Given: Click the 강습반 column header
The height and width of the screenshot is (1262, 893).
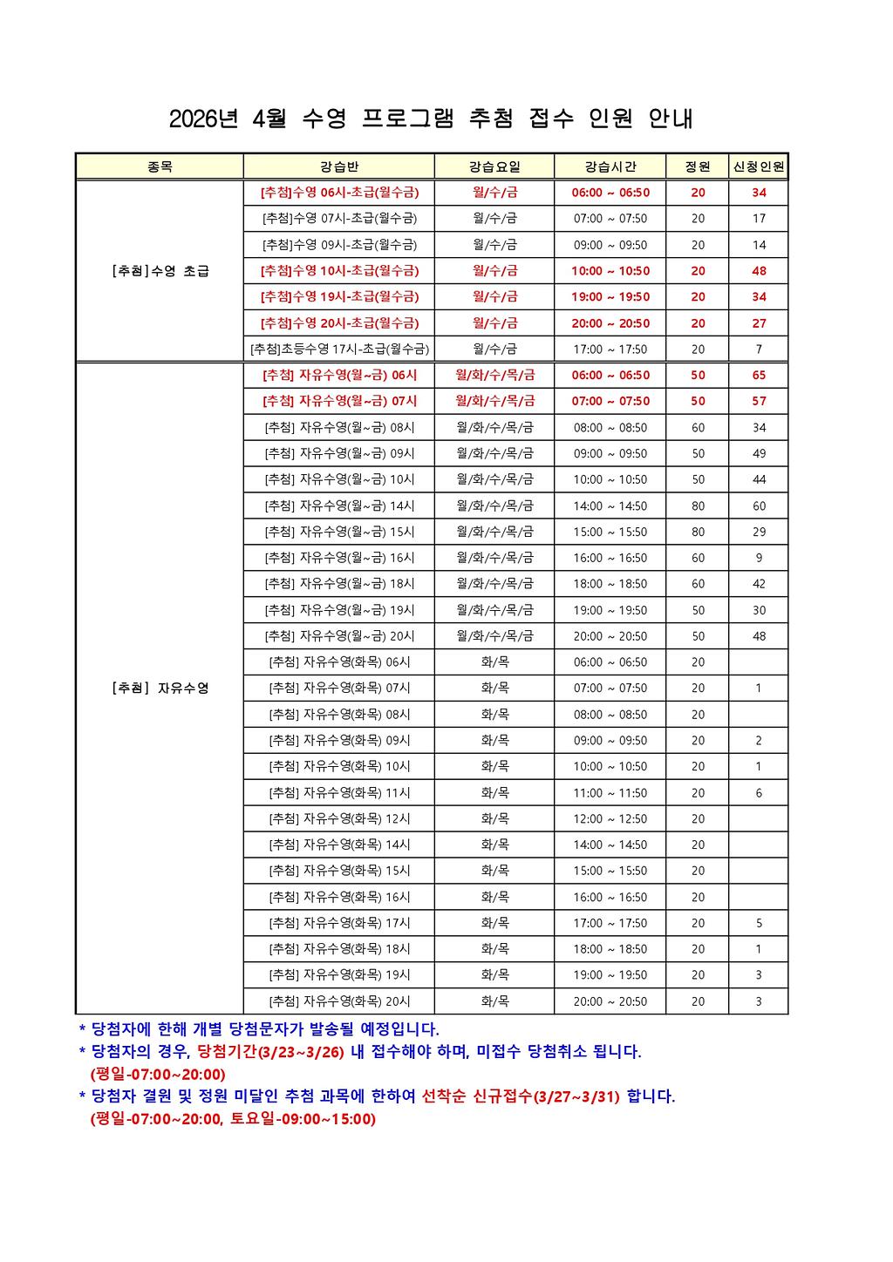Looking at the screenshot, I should (338, 166).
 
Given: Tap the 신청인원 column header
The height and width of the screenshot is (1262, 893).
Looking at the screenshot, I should (759, 166).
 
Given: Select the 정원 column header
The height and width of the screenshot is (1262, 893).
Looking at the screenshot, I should (698, 166).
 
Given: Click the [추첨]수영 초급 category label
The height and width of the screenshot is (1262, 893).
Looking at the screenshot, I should (160, 271).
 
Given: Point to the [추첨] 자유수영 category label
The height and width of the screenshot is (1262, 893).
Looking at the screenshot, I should (160, 689).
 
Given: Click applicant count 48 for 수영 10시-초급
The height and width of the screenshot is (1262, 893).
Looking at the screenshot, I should (759, 271).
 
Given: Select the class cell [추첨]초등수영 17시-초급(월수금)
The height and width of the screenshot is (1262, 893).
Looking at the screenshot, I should (339, 349).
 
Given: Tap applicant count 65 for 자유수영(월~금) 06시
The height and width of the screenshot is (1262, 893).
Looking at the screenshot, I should (759, 376).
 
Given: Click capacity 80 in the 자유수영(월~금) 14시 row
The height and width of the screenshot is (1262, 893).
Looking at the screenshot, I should (698, 506).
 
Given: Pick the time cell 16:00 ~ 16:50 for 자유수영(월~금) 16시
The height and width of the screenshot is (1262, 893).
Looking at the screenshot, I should (610, 558).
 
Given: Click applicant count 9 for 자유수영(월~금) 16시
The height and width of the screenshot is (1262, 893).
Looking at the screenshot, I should (759, 558).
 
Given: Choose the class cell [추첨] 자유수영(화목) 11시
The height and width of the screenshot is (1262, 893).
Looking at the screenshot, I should (339, 793).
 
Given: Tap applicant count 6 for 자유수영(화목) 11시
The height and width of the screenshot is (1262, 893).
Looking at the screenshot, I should (759, 793).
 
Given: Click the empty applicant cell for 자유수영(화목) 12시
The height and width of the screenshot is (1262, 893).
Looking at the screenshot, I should (759, 819).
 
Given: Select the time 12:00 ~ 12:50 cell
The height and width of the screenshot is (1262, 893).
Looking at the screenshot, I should (610, 819).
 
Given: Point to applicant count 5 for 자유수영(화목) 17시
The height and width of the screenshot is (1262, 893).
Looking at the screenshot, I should (759, 923).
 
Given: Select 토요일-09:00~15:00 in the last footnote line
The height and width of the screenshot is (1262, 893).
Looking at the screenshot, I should (303, 1119).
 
